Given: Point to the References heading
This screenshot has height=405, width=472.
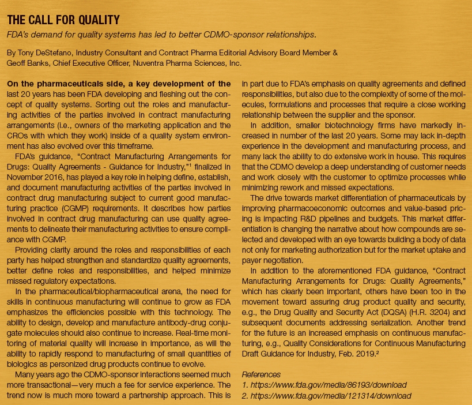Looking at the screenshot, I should tap(261, 374).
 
